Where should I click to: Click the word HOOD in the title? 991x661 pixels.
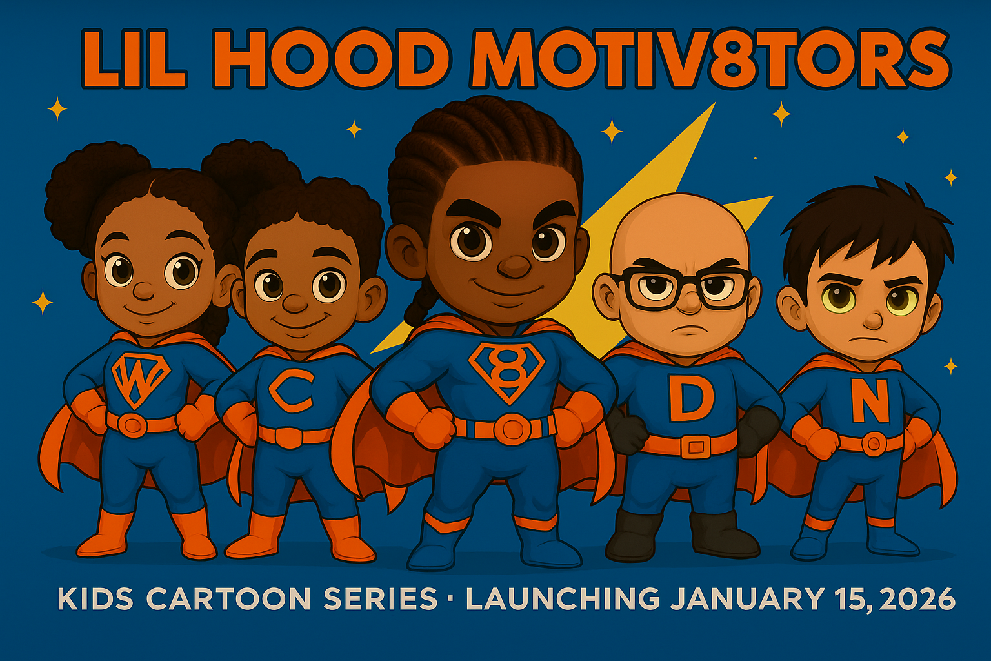point(330,59)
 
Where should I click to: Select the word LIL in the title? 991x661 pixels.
point(133,59)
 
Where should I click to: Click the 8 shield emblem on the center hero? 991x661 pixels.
point(507,372)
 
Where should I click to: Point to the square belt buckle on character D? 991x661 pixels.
point(696,447)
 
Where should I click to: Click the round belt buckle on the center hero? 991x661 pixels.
point(512,429)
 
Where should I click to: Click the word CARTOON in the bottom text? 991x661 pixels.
point(228,599)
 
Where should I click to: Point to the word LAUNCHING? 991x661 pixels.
point(563,599)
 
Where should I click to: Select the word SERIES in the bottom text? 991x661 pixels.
point(381,599)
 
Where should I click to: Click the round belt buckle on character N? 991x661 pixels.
point(874,444)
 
